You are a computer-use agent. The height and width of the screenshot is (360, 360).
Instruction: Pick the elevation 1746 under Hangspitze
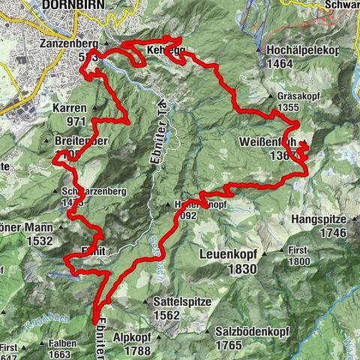click(x=331, y=234)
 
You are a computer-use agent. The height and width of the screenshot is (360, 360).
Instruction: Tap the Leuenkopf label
click(x=229, y=254)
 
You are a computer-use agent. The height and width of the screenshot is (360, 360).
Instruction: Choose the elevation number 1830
click(x=240, y=269)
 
